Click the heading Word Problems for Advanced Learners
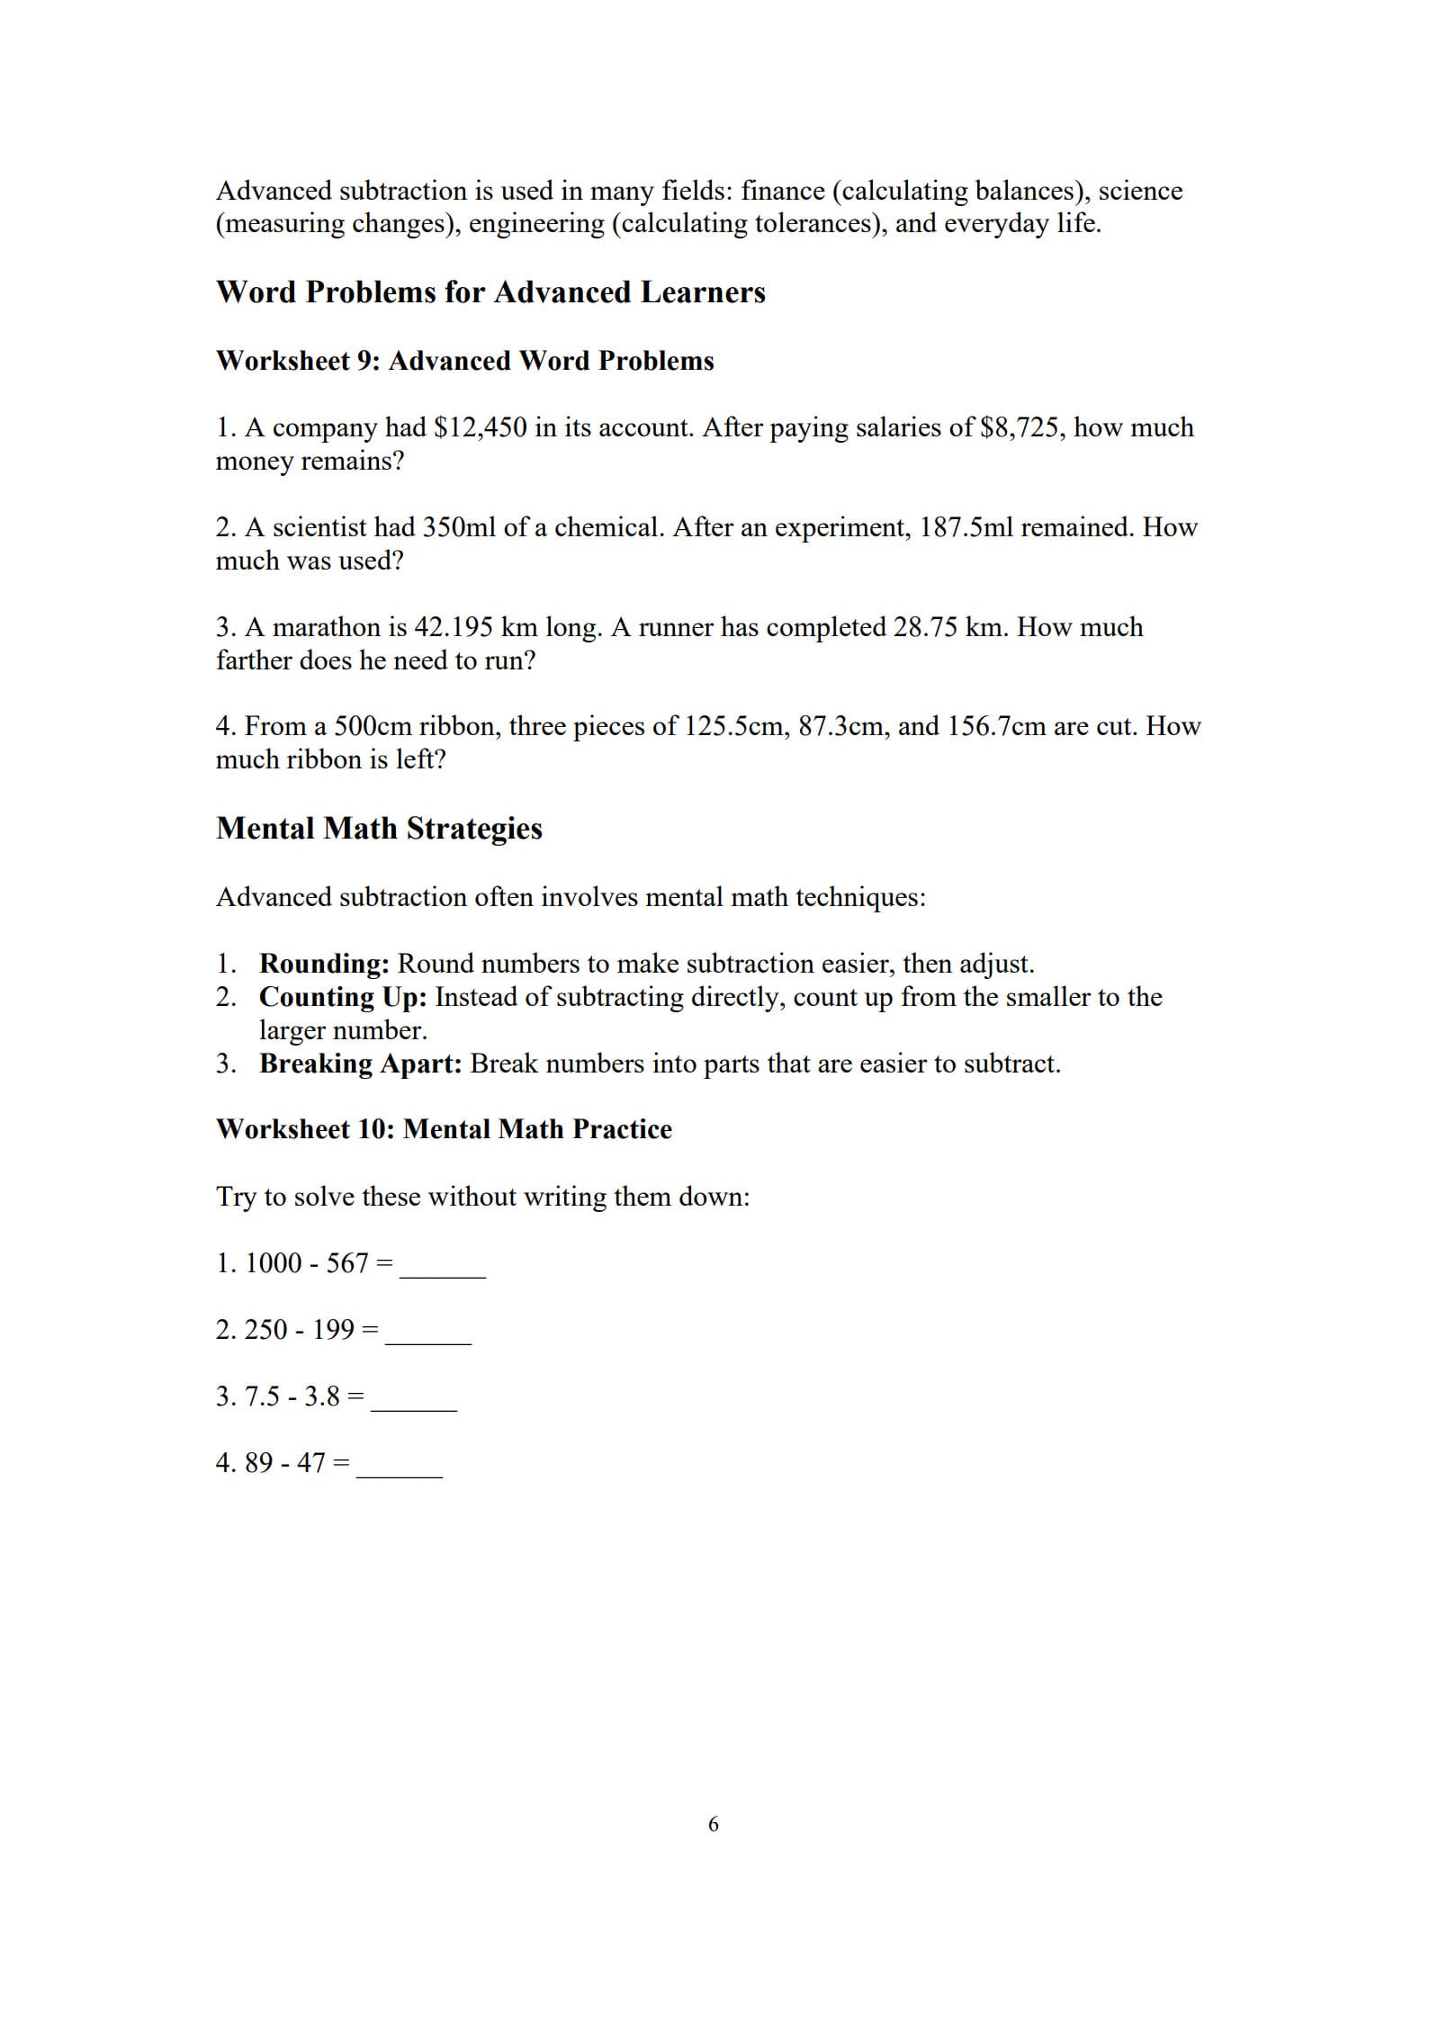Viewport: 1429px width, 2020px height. [490, 292]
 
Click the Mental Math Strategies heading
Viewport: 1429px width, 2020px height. [379, 829]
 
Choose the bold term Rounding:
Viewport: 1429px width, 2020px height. [324, 964]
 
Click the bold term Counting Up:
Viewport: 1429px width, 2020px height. [343, 997]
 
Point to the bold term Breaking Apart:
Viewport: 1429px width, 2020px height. [360, 1064]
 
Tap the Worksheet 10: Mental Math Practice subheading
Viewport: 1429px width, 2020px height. [444, 1129]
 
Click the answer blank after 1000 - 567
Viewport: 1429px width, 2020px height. [443, 1267]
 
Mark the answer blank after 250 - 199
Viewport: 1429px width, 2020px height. [428, 1333]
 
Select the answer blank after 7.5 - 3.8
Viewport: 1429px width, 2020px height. [414, 1400]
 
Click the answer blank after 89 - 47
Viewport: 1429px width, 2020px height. [400, 1467]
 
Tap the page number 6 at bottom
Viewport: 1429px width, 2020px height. [714, 1799]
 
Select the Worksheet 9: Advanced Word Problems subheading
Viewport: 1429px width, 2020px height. [464, 361]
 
